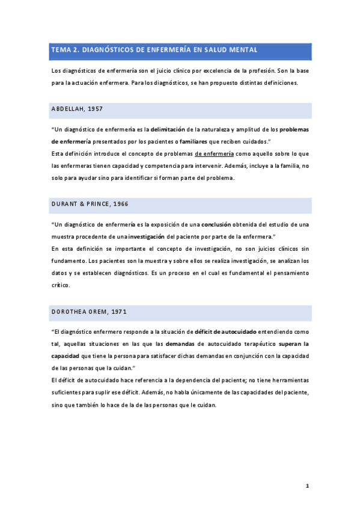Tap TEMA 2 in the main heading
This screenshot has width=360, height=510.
[65, 51]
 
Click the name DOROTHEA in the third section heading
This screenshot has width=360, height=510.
[70, 312]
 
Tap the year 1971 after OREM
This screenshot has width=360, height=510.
[117, 312]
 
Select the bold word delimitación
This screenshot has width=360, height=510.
[168, 129]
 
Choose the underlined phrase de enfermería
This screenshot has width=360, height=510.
[214, 154]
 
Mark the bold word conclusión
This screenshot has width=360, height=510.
[216, 224]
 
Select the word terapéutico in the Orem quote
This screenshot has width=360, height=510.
[255, 343]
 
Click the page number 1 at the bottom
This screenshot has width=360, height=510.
[307, 485]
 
